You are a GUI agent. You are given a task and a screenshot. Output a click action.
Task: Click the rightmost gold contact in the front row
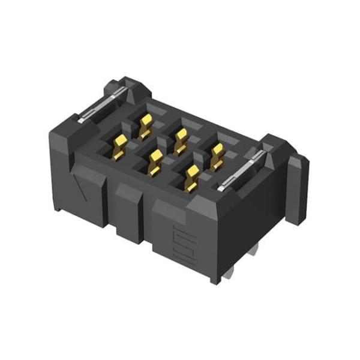point(192,176)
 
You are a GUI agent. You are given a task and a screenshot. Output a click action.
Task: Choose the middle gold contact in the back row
point(179,139)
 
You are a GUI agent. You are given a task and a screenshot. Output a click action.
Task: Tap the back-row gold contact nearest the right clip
point(216,155)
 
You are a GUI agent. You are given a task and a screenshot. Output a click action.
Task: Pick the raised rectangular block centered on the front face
point(128,207)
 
